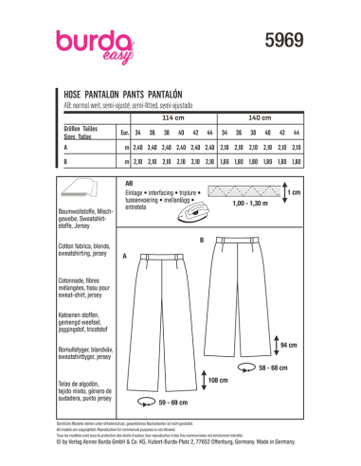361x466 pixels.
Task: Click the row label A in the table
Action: (x=64, y=149)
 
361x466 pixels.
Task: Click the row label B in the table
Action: (x=64, y=163)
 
